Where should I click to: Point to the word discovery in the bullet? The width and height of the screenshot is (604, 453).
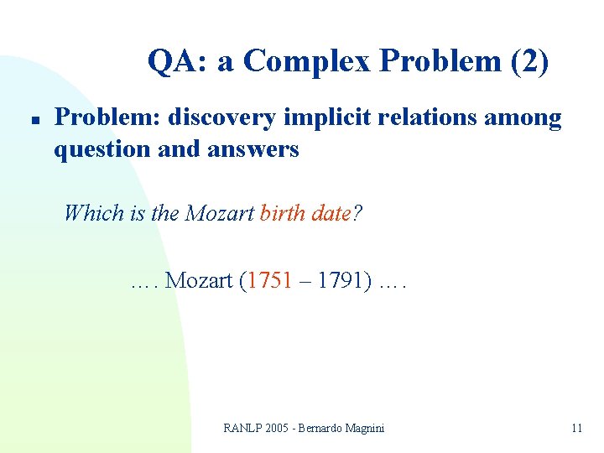[221, 118]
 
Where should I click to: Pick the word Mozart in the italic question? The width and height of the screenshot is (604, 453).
[220, 212]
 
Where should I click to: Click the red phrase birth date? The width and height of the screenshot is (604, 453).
[305, 212]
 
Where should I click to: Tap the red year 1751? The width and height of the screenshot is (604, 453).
[269, 279]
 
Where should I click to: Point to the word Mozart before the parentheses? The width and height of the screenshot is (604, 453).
[199, 279]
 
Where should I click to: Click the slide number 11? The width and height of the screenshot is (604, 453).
[576, 428]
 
